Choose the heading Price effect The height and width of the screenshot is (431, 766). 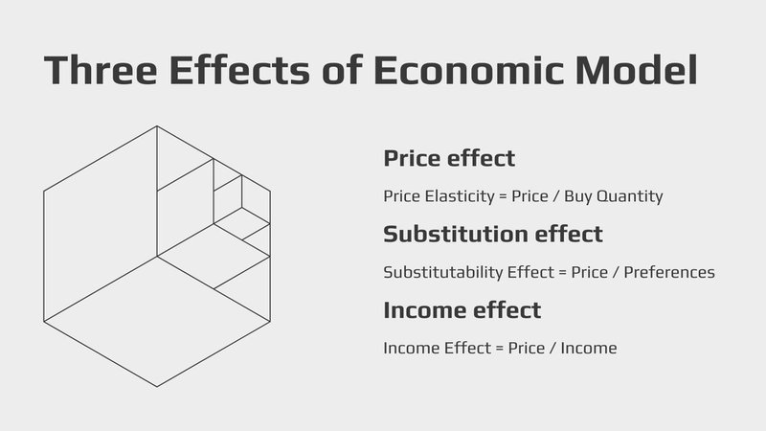tap(449, 158)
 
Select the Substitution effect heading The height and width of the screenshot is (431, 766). tap(493, 234)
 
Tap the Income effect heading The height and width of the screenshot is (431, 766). tap(462, 310)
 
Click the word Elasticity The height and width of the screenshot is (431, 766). tap(456, 195)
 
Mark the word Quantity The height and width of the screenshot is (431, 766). tap(631, 196)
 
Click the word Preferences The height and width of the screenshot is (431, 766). tap(670, 272)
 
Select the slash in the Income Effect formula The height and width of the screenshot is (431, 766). tap(552, 349)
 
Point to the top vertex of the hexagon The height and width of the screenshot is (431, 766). tap(157, 125)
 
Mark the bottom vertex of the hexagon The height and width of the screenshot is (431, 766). tap(157, 387)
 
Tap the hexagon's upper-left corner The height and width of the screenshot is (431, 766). tap(44, 191)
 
